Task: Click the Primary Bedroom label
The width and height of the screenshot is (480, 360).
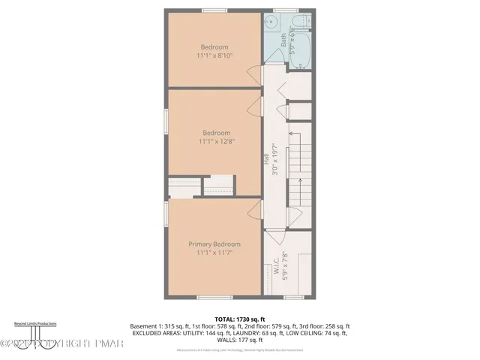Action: (x=214, y=244)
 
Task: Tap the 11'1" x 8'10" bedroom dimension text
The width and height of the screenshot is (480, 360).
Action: (x=214, y=55)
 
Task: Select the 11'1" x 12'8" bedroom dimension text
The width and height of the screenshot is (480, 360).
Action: (x=214, y=141)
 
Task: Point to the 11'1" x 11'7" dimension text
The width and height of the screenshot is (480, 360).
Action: (x=214, y=253)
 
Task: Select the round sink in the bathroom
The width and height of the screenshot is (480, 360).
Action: (x=269, y=22)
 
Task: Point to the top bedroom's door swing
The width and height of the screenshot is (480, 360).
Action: (x=254, y=74)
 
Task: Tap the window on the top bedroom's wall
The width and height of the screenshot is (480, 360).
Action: (x=214, y=10)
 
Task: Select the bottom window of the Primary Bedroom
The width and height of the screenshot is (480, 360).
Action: (x=214, y=298)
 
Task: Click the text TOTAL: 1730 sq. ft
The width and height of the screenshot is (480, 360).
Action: (x=240, y=319)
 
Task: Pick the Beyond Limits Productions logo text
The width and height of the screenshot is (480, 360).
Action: (x=35, y=323)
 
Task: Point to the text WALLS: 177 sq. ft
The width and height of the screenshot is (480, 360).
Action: (x=240, y=341)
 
